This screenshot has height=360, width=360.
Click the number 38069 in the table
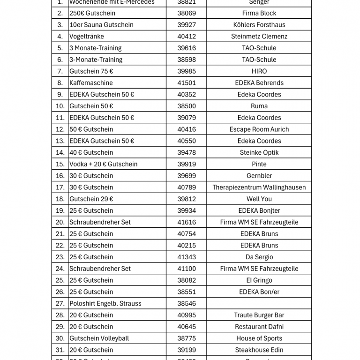pyautogui.click(x=187, y=13)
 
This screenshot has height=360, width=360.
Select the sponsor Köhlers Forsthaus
pyautogui.click(x=259, y=25)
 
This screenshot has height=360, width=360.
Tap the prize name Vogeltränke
pyautogui.click(x=87, y=37)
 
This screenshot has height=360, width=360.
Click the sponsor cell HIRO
pyautogui.click(x=259, y=71)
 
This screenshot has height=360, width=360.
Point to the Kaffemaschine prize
pyautogui.click(x=91, y=83)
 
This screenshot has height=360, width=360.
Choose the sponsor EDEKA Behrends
pyautogui.click(x=259, y=83)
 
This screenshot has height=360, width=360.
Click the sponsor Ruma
pyautogui.click(x=259, y=106)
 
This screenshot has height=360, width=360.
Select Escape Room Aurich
pyautogui.click(x=259, y=129)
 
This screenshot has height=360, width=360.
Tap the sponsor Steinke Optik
pyautogui.click(x=259, y=152)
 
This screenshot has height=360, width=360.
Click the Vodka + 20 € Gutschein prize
pyautogui.click(x=103, y=164)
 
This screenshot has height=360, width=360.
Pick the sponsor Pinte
pyautogui.click(x=259, y=164)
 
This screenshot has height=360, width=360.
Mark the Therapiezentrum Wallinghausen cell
pyautogui.click(x=259, y=187)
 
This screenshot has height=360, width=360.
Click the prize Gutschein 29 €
pyautogui.click(x=91, y=199)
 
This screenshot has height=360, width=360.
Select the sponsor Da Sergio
pyautogui.click(x=259, y=257)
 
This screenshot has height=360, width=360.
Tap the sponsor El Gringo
pyautogui.click(x=259, y=280)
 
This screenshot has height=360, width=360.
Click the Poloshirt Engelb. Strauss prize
pyautogui.click(x=105, y=303)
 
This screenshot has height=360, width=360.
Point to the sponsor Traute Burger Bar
pyautogui.click(x=259, y=315)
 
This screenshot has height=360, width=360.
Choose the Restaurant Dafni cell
pyautogui.click(x=259, y=327)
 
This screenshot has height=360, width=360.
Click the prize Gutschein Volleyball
pyautogui.click(x=99, y=338)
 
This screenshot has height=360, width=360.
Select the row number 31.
pyautogui.click(x=60, y=350)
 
